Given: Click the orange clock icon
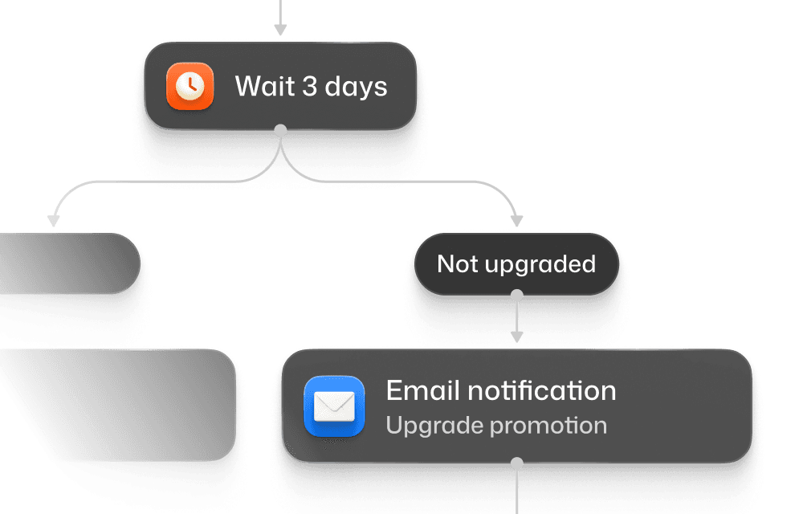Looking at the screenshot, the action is [x=190, y=86].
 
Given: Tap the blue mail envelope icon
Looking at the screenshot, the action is [x=334, y=406].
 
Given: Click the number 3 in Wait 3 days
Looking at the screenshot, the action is [x=310, y=86].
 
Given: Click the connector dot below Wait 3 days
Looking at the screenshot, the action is [x=280, y=129].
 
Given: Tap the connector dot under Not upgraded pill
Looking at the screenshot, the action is [x=517, y=296].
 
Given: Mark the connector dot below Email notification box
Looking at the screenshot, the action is [x=517, y=463].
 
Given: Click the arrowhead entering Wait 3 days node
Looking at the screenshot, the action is [x=280, y=31].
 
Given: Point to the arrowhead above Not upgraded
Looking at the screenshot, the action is [x=517, y=220].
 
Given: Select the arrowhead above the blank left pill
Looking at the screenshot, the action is [x=54, y=220].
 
